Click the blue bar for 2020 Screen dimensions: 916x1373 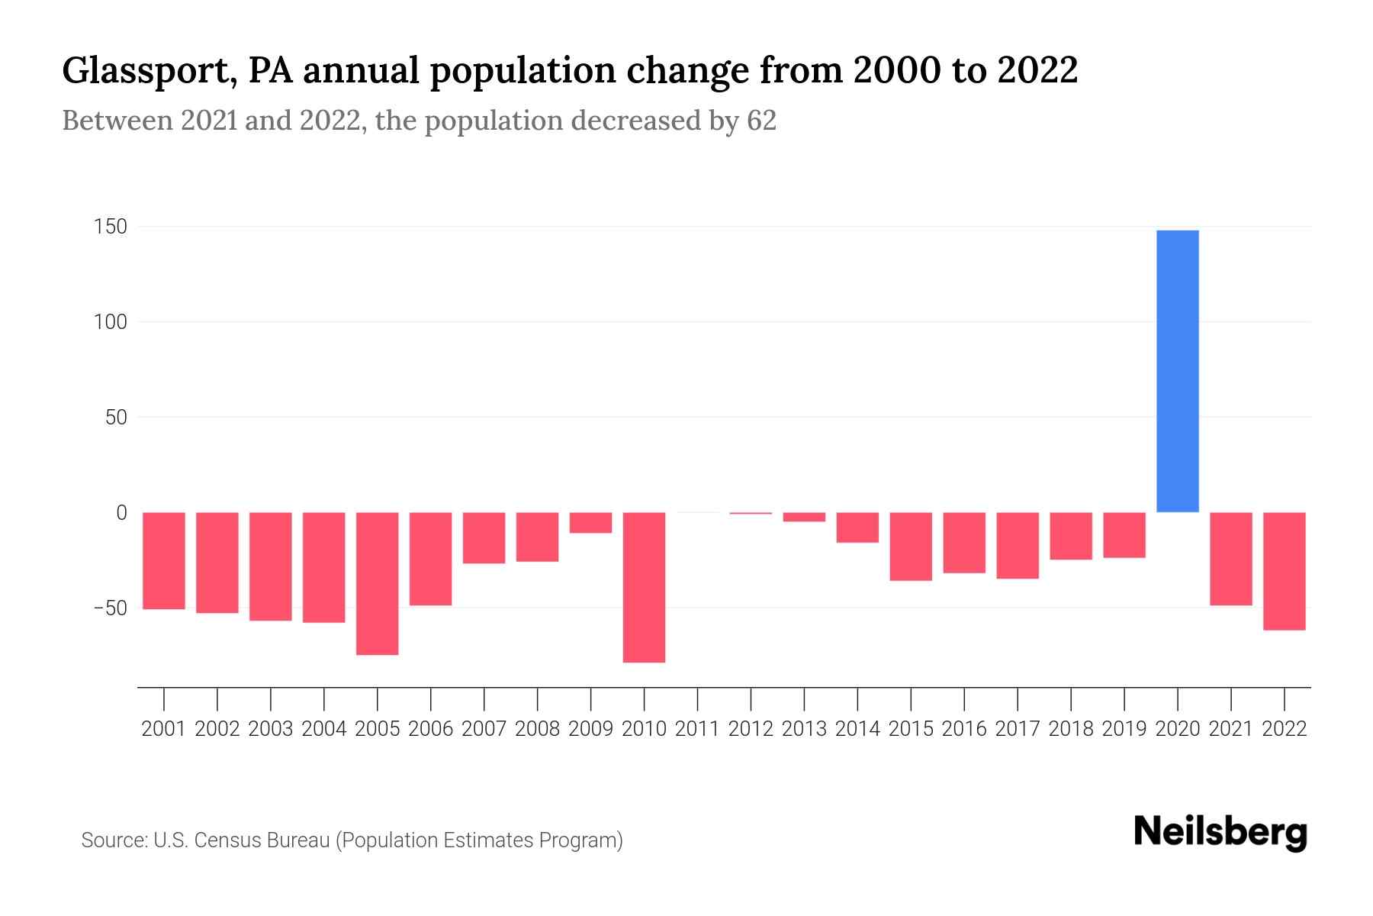click(x=1177, y=371)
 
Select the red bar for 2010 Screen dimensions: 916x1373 click(x=644, y=587)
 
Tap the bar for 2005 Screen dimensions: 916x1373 click(x=377, y=583)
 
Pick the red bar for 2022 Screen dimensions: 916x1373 click(x=1285, y=571)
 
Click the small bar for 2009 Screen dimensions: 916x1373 click(x=590, y=523)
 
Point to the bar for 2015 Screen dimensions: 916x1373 click(x=911, y=547)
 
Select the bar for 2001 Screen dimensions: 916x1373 click(x=164, y=560)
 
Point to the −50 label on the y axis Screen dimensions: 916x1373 click(x=110, y=608)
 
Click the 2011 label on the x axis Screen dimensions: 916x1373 click(x=697, y=729)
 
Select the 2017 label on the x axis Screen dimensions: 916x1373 click(x=1017, y=729)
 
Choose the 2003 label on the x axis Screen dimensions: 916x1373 click(x=271, y=729)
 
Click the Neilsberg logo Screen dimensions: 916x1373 click(x=1220, y=833)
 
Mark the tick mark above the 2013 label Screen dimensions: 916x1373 click(x=804, y=698)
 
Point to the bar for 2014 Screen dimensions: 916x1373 click(x=857, y=527)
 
